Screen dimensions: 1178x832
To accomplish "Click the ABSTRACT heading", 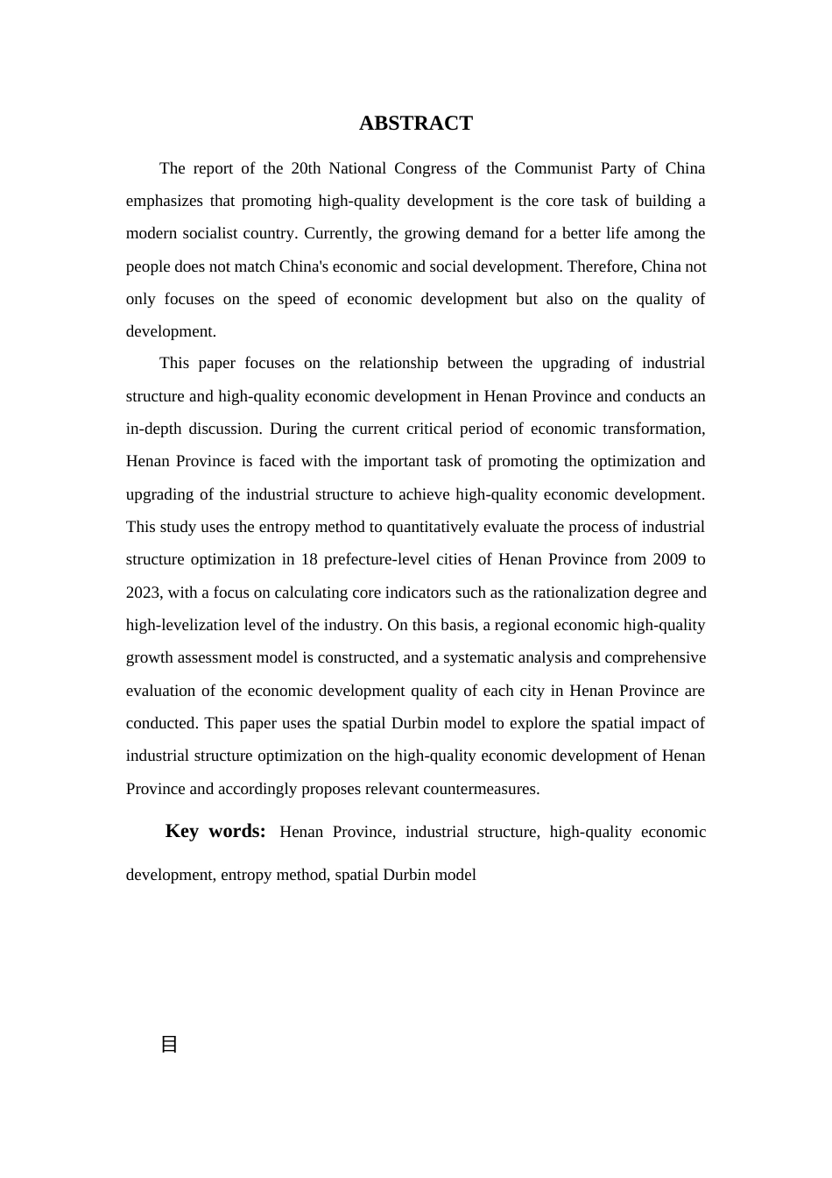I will tap(415, 124).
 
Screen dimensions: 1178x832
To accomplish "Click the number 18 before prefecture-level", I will tap(309, 559).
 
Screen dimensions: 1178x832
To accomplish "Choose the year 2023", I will tap(143, 593).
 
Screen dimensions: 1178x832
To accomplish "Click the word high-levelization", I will tap(182, 625).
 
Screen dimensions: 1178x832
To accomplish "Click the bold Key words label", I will tap(215, 831).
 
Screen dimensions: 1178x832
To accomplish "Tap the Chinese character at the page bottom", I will tap(170, 1044).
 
